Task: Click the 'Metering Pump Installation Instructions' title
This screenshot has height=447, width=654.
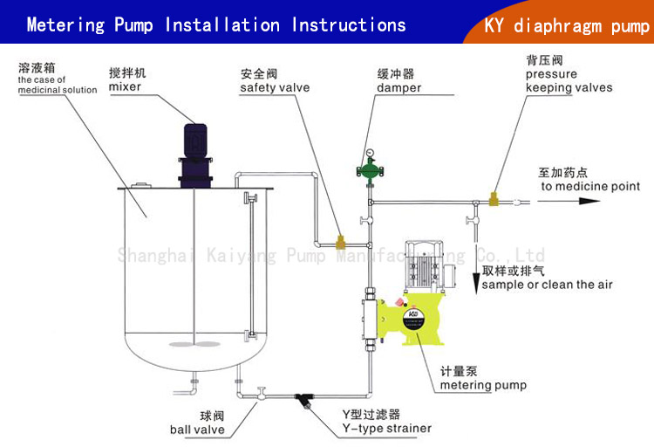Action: [x=215, y=24]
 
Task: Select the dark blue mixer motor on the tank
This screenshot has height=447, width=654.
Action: [x=194, y=145]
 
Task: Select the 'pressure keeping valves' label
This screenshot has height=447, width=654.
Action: [x=569, y=81]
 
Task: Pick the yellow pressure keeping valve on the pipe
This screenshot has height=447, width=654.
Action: [x=494, y=200]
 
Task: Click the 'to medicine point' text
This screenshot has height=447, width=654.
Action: [x=590, y=186]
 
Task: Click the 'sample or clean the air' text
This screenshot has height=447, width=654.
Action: [x=547, y=285]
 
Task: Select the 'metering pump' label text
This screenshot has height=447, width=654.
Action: [x=483, y=385]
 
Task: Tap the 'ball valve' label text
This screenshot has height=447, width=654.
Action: [x=197, y=430]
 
